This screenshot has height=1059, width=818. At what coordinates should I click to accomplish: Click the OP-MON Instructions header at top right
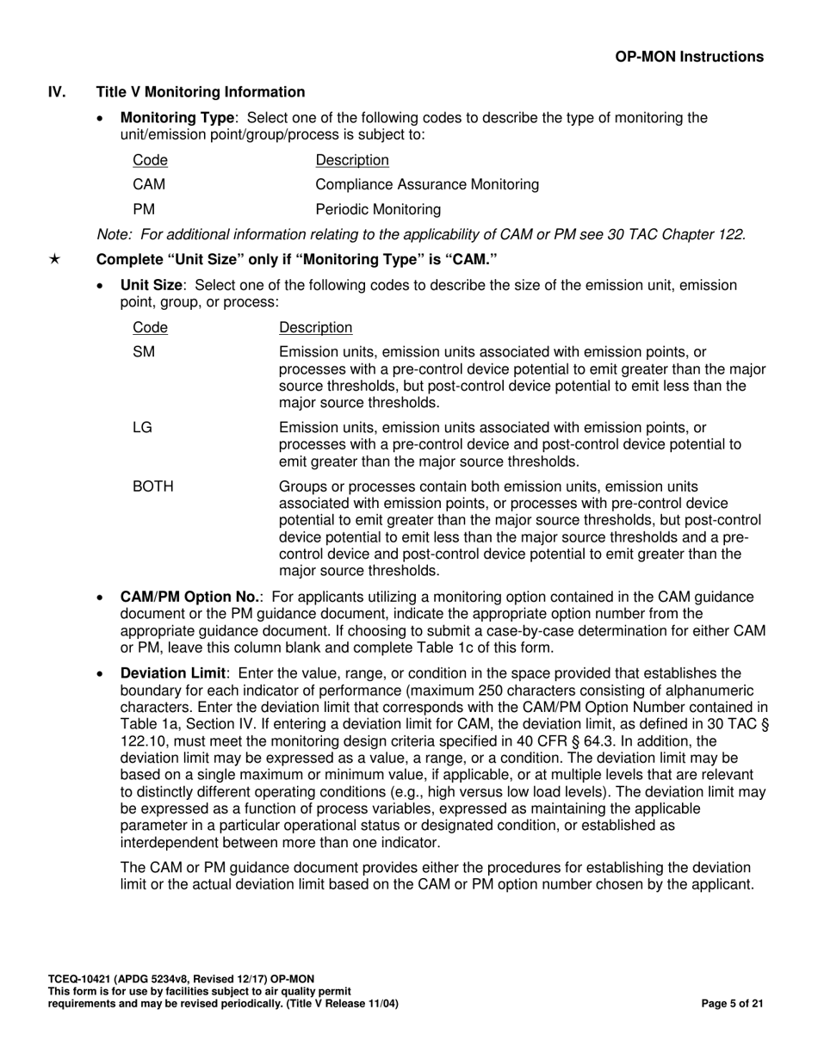689,57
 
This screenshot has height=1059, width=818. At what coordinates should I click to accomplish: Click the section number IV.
57,92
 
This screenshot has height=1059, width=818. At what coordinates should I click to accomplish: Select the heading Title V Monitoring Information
201,92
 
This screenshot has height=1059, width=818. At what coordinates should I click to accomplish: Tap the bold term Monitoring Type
177,118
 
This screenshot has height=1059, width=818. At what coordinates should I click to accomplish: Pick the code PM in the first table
143,209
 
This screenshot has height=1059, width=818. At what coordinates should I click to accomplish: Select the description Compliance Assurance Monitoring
428,184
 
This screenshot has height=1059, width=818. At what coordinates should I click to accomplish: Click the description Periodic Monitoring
379,209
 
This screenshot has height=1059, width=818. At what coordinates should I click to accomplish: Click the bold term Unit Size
151,285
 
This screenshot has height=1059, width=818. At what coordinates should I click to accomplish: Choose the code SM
143,351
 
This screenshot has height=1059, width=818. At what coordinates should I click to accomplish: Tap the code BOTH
153,486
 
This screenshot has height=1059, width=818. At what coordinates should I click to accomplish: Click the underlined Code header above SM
150,327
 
